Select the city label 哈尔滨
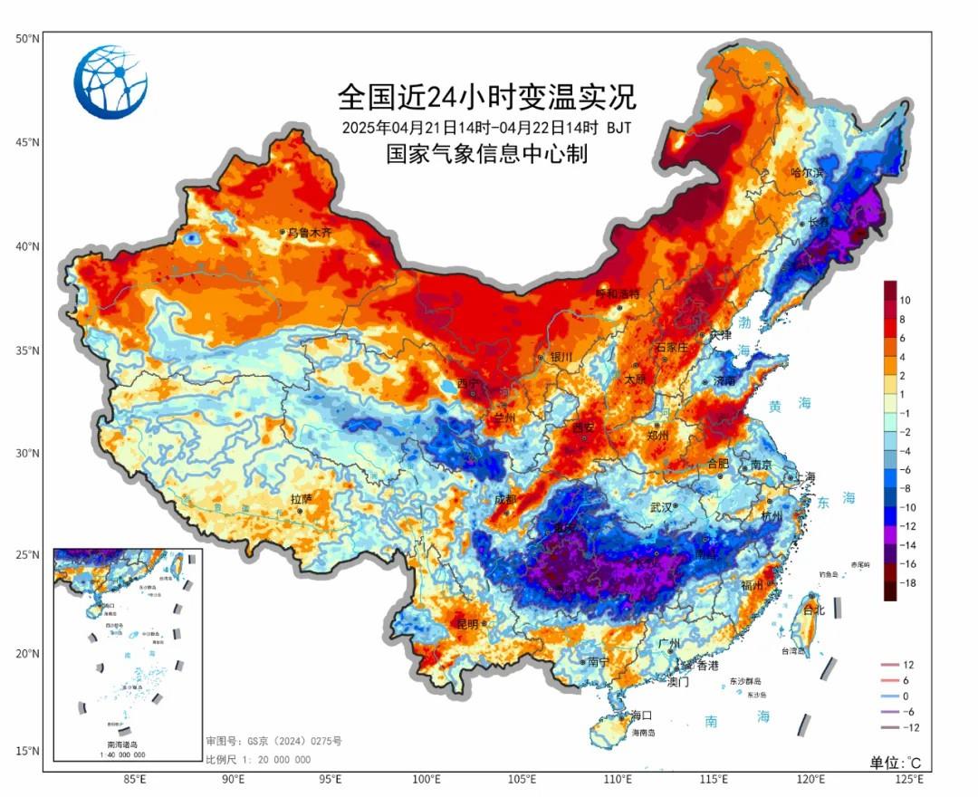click(x=808, y=172)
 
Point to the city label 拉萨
click(x=301, y=499)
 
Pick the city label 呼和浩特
click(x=618, y=293)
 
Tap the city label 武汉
click(x=661, y=507)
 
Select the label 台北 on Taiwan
click(x=815, y=610)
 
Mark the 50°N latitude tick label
click(x=27, y=38)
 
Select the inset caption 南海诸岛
click(x=127, y=744)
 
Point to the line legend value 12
click(x=909, y=665)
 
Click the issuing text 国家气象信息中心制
click(x=487, y=154)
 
